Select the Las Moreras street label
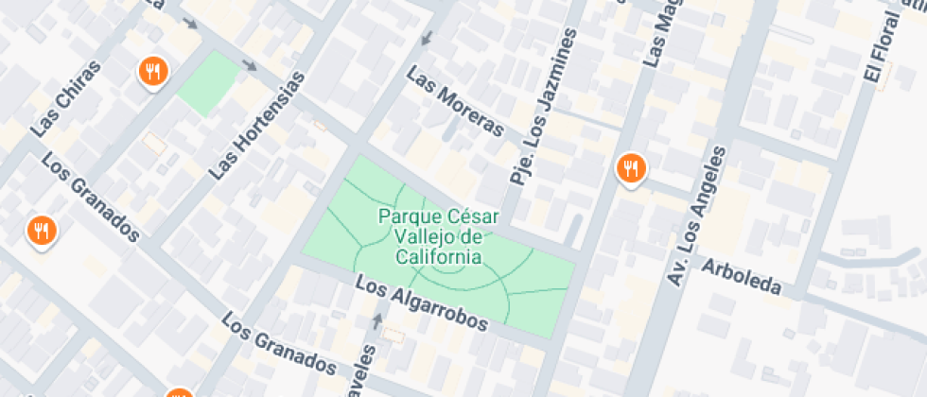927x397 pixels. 455,102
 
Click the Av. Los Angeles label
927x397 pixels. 697,216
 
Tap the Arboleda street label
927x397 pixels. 742,274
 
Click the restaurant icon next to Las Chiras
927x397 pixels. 152,70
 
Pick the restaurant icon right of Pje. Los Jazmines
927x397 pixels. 630,168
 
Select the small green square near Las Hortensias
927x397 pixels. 208,83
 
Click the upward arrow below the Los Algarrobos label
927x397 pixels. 378,320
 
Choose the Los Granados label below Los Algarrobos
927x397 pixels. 279,343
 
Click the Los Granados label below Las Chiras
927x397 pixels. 91,196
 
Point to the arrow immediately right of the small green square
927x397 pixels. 250,65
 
